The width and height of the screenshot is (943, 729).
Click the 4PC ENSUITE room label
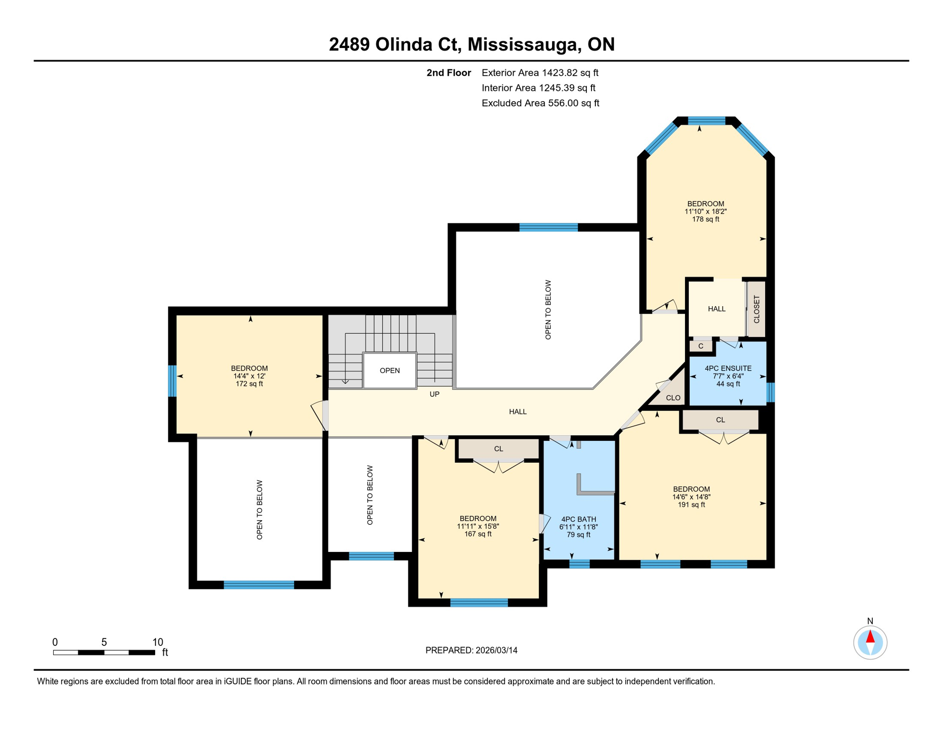(x=728, y=368)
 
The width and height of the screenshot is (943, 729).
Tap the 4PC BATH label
(x=578, y=519)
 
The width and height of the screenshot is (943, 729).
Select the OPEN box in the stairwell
(x=389, y=371)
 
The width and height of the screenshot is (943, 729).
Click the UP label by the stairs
(x=434, y=394)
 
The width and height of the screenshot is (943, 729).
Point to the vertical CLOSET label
(x=756, y=309)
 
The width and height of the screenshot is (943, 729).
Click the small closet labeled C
(x=701, y=346)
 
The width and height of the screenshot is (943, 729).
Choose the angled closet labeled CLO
(x=673, y=398)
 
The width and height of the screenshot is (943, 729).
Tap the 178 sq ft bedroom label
(x=705, y=219)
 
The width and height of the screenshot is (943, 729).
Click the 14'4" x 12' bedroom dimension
(x=249, y=376)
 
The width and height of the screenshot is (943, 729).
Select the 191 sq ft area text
(x=691, y=505)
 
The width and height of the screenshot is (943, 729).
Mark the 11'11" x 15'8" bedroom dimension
(x=478, y=526)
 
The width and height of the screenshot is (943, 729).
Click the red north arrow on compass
(x=870, y=636)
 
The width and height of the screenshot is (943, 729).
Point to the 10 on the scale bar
(x=157, y=642)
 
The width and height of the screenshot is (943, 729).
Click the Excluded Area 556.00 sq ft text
(x=540, y=103)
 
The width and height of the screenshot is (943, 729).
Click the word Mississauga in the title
(x=524, y=44)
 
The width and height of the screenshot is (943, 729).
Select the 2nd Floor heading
(x=448, y=73)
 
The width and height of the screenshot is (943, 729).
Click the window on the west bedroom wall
(x=173, y=381)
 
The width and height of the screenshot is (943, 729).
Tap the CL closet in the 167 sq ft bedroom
(x=498, y=449)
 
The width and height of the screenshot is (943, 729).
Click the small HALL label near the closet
(x=716, y=309)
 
